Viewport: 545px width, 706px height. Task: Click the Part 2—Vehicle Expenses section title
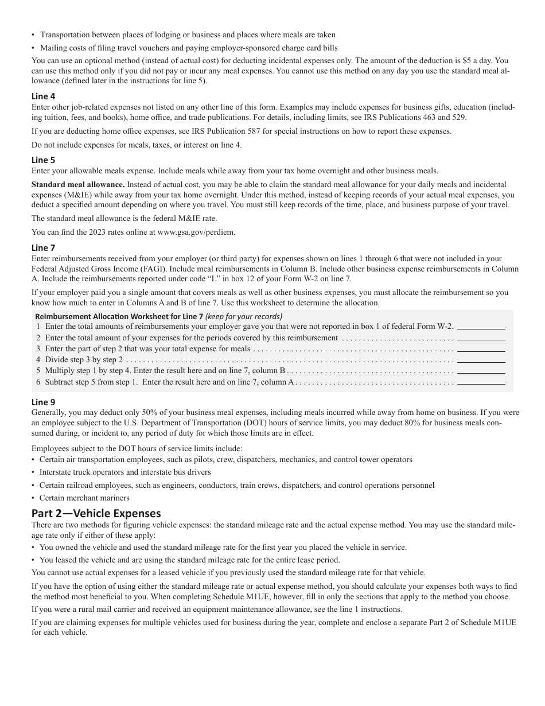click(x=96, y=513)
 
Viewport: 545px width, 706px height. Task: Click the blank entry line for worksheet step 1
click(x=481, y=327)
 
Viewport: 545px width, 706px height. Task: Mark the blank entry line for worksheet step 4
click(x=481, y=360)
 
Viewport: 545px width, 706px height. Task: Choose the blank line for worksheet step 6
click(x=481, y=382)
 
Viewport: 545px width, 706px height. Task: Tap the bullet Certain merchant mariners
click(x=84, y=498)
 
